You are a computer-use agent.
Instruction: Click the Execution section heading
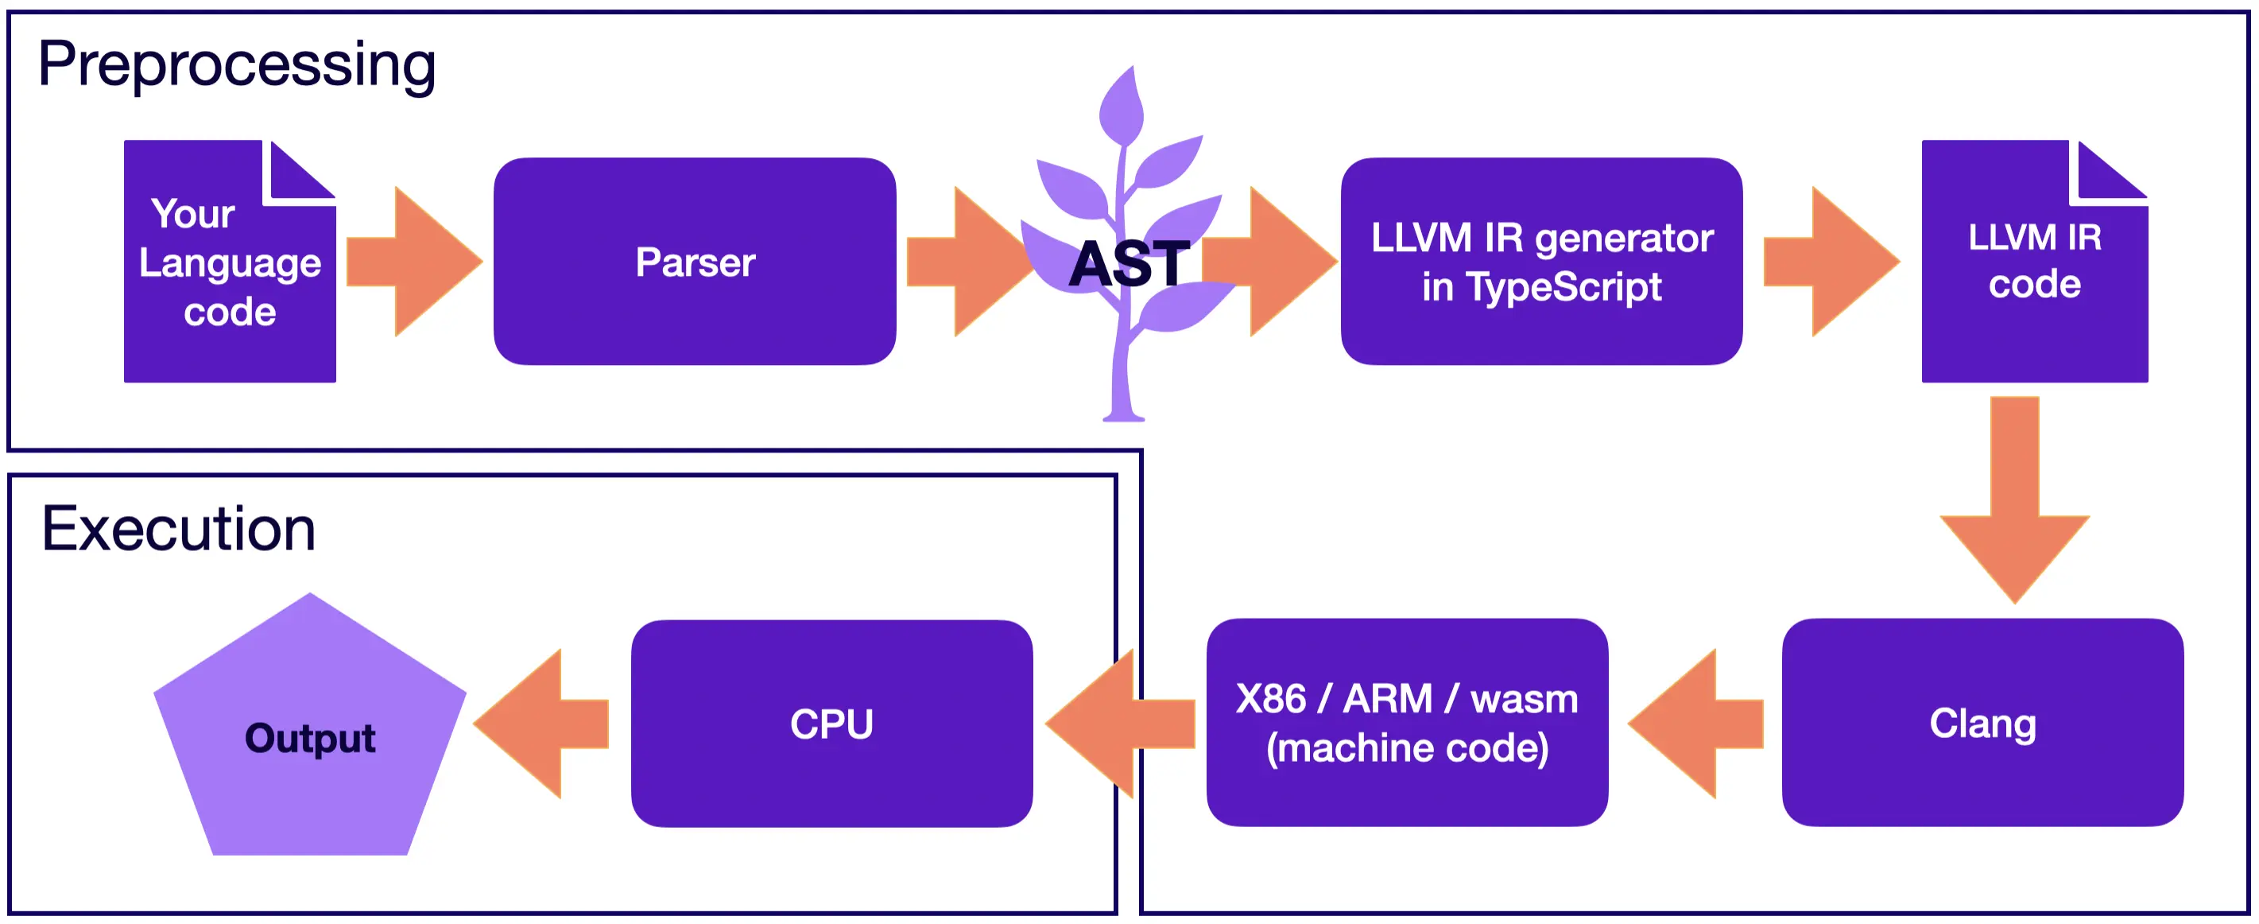pos(178,529)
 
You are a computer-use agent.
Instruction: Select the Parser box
pos(695,262)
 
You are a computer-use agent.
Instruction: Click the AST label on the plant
pos(1129,263)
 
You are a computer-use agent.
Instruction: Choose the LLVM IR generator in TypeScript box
pos(1540,262)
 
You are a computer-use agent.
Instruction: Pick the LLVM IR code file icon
pos(2035,262)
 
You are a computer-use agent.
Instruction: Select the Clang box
pos(1982,723)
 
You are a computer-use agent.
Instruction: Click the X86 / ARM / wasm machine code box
pos(1407,723)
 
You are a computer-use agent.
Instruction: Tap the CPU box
pos(831,724)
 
